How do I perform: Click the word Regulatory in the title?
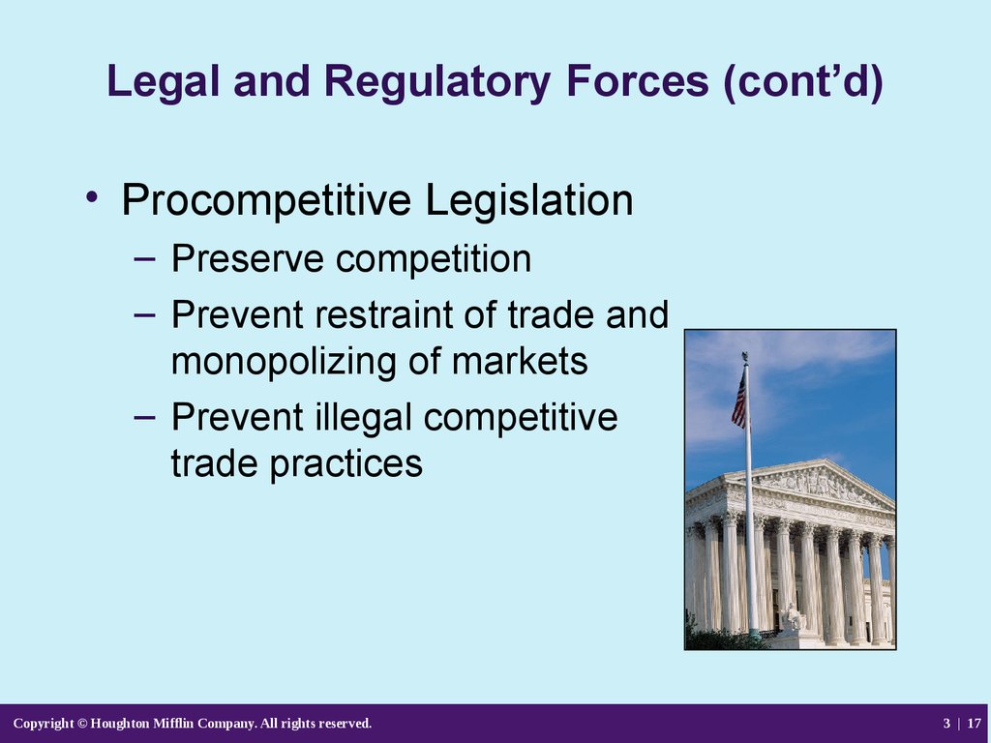[437, 82]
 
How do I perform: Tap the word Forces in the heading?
[637, 81]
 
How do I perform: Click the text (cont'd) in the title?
[803, 82]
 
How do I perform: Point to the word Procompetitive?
[266, 200]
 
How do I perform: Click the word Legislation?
[529, 200]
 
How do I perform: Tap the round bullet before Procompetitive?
[92, 196]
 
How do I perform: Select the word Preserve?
[247, 258]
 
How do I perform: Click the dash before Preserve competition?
[145, 258]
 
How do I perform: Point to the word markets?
[520, 362]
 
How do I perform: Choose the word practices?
[346, 464]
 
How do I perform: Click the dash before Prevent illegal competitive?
[145, 417]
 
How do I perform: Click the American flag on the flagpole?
[738, 401]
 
